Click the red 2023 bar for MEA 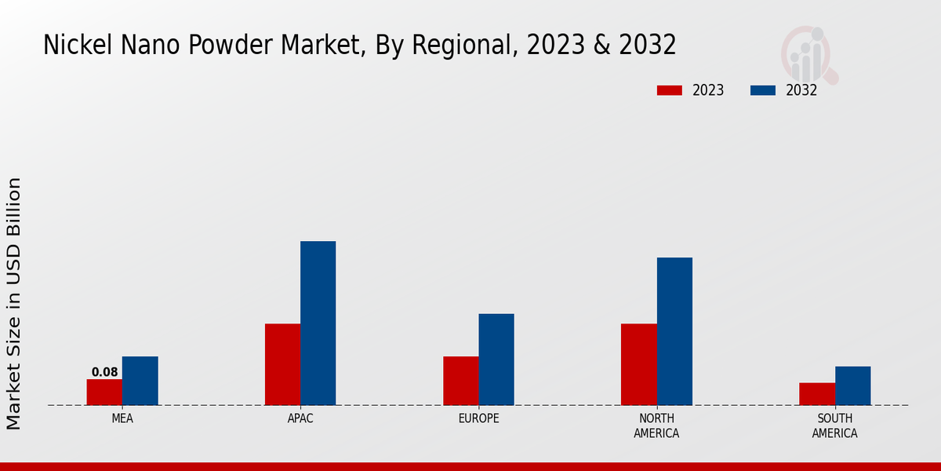(x=104, y=392)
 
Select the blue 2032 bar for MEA (x=140, y=381)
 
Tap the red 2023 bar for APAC (x=282, y=364)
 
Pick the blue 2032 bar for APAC (x=318, y=323)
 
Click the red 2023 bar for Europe (x=460, y=381)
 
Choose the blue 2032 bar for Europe (x=496, y=360)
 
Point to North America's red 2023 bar (x=638, y=364)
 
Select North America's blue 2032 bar (x=674, y=331)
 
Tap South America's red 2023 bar (x=816, y=394)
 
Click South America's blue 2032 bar (x=852, y=385)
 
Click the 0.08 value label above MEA (x=104, y=372)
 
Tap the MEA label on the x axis (x=122, y=418)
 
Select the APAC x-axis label (x=300, y=418)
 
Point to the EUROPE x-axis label (x=478, y=418)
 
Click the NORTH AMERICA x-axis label (x=656, y=425)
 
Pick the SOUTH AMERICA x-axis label (x=834, y=425)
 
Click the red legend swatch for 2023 (x=669, y=90)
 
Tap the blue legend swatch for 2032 (x=763, y=90)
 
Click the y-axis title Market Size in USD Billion (x=14, y=303)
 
